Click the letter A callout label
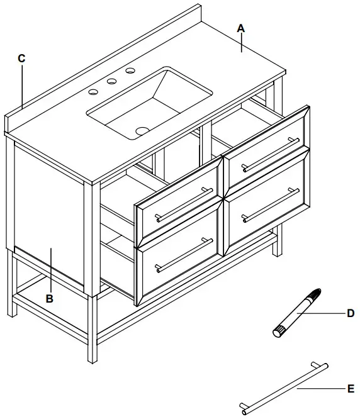coord(240,28)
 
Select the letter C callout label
coord(21,59)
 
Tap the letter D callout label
coord(351,313)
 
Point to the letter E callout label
coord(351,389)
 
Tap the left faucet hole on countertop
coord(93,92)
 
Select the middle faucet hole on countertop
coord(112,81)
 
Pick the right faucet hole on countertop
coord(130,70)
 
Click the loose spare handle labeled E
coord(284,388)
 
